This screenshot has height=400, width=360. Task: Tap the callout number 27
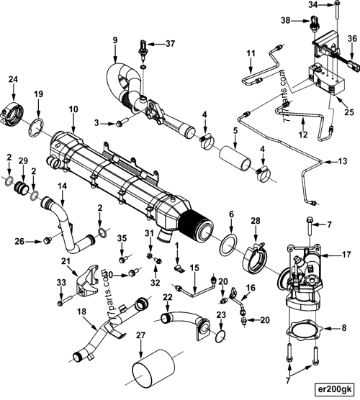pyautogui.click(x=140, y=335)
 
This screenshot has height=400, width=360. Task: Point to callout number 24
pyautogui.click(x=13, y=79)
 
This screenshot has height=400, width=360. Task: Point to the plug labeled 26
pyautogui.click(x=48, y=239)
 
